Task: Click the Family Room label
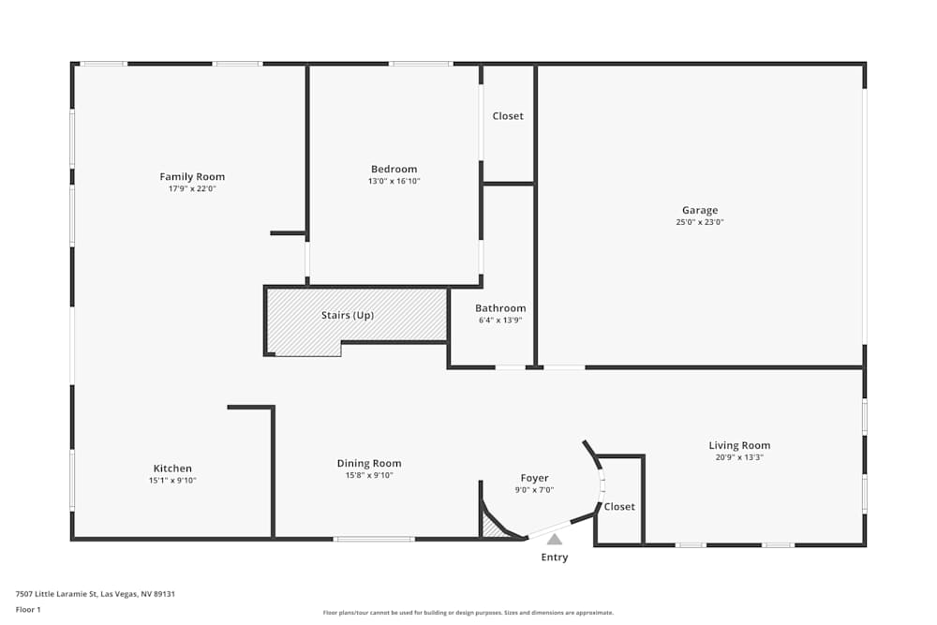(x=192, y=177)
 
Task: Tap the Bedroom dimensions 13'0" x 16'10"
(x=394, y=181)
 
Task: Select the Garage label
(x=700, y=210)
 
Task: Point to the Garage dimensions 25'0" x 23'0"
(x=700, y=222)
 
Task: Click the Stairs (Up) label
(x=348, y=315)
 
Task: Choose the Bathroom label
(x=500, y=308)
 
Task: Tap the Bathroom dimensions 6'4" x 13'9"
(x=500, y=320)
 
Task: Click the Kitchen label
(x=172, y=469)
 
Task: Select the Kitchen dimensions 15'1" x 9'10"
(x=172, y=481)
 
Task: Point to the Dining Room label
(x=369, y=463)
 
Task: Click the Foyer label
(x=534, y=478)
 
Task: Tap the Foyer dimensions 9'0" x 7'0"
(x=534, y=490)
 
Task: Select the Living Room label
(x=739, y=446)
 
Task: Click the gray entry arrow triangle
(x=555, y=540)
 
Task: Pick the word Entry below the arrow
(x=555, y=558)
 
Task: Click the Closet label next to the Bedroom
(x=508, y=116)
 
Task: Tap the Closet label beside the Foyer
(x=619, y=507)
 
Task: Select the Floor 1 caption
(x=28, y=609)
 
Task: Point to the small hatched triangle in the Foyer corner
(x=491, y=528)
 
